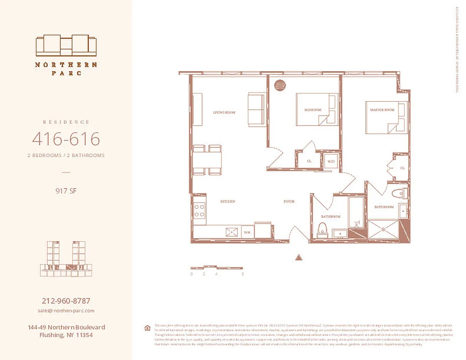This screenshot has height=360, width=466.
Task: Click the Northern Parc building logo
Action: [66, 45]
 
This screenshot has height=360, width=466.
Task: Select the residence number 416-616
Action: [66, 139]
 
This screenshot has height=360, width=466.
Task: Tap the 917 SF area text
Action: [66, 191]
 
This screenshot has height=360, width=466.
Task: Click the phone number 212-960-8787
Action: [66, 301]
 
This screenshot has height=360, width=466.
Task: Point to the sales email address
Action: [66, 310]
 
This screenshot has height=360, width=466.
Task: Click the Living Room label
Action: [224, 112]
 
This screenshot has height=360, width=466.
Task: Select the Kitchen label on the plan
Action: [227, 202]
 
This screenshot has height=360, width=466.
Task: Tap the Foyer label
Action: [289, 202]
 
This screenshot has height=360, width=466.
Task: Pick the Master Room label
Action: [382, 110]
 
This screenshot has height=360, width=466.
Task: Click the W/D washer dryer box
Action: [331, 161]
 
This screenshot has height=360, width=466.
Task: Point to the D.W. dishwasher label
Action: [247, 232]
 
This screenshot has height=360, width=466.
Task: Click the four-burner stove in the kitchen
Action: [199, 210]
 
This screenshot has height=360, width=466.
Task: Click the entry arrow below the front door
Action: [298, 257]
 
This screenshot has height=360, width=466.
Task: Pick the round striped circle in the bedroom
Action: [280, 85]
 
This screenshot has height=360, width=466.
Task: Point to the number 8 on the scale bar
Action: [243, 274]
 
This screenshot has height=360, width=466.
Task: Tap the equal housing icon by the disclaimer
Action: [147, 328]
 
